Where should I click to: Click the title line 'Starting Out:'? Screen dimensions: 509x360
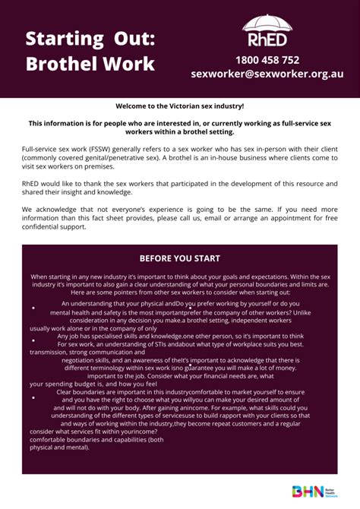pos(90,39)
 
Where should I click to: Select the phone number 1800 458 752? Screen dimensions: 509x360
pos(267,59)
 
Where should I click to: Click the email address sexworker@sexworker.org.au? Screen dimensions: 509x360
pos(267,74)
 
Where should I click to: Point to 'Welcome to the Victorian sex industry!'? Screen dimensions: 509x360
pos(179,106)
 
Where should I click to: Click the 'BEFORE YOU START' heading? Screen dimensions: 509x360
pos(179,258)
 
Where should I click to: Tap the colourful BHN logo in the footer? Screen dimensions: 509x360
pos(311,491)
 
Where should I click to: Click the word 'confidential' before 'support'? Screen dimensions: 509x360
pos(45,226)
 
